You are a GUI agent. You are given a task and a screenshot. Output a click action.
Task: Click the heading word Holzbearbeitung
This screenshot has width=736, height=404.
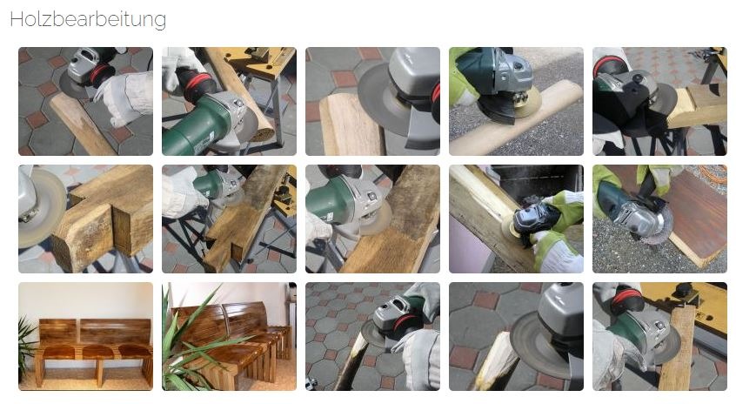[x=88, y=19]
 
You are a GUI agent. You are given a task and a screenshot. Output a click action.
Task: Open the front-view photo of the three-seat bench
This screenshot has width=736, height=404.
[x=85, y=336]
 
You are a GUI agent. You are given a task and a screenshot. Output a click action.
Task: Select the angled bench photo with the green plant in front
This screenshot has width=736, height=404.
[x=229, y=336]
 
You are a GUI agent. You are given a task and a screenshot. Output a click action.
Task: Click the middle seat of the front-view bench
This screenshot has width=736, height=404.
[x=97, y=352]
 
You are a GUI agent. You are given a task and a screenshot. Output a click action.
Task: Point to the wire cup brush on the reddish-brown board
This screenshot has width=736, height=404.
[x=657, y=226]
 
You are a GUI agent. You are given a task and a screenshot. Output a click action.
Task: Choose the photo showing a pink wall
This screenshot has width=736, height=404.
[x=516, y=219]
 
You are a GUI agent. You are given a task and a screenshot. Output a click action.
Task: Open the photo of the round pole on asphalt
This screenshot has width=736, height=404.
[x=516, y=102]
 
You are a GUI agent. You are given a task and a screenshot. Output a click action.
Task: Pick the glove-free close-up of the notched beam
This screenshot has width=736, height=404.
[x=85, y=219]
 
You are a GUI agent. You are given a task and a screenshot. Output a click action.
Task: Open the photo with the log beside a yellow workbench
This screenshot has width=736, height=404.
[x=229, y=102]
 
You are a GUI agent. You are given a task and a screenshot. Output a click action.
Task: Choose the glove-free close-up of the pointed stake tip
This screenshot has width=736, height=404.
[x=516, y=336]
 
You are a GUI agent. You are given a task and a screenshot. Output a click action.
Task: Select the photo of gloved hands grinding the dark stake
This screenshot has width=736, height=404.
[x=372, y=336]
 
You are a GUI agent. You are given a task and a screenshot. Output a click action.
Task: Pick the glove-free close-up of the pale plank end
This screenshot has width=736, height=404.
[x=372, y=102]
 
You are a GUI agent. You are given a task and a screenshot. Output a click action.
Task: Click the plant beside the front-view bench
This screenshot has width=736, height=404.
[x=26, y=347]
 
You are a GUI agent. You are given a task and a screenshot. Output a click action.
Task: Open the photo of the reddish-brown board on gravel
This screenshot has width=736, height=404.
[x=659, y=219]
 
